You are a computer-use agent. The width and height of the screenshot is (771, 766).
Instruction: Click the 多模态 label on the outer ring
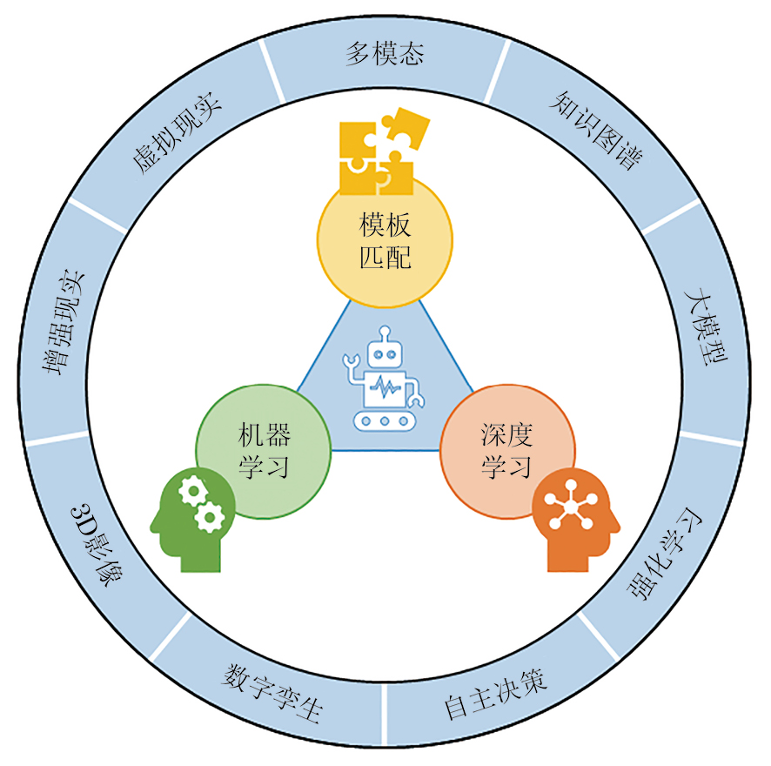pyautogui.click(x=385, y=54)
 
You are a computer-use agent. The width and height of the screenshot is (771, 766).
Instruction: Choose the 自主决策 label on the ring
pyautogui.click(x=495, y=695)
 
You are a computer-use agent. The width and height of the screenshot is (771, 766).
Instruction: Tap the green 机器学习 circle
pyautogui.click(x=264, y=451)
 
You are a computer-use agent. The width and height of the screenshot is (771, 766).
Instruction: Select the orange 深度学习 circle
pyautogui.click(x=506, y=451)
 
